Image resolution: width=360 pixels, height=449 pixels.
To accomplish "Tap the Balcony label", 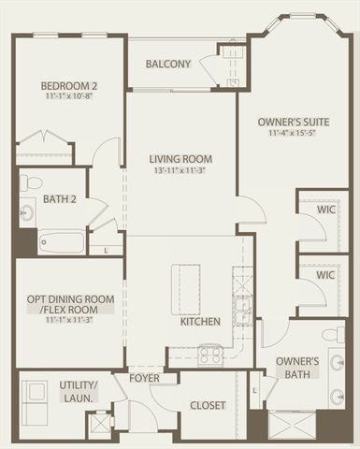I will pyautogui.click(x=169, y=65).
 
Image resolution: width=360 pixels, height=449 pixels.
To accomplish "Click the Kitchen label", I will pyautogui.click(x=200, y=321).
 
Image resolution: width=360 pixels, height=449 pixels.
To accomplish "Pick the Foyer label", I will pyautogui.click(x=145, y=379).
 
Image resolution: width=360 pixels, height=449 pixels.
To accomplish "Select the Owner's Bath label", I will pyautogui.click(x=298, y=368).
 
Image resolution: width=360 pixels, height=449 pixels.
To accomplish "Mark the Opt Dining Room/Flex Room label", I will pyautogui.click(x=70, y=304).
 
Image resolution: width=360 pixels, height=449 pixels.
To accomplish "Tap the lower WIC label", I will pyautogui.click(x=325, y=277).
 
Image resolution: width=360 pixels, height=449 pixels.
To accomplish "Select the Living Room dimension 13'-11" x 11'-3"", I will pyautogui.click(x=182, y=170).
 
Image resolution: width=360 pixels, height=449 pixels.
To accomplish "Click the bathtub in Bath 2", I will pyautogui.click(x=61, y=243).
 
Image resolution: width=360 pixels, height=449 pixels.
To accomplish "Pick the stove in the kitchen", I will pyautogui.click(x=209, y=355).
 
